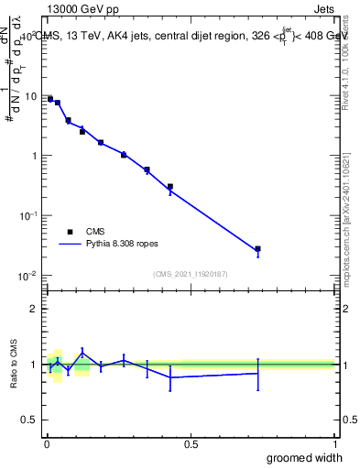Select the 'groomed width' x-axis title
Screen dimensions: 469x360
point(304,457)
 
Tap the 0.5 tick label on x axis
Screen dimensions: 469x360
point(191,444)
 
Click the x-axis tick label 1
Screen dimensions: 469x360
point(334,444)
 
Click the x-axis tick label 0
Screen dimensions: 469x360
point(47,444)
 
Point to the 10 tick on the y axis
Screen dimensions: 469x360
point(29,96)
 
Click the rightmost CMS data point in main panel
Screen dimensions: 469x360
point(258,248)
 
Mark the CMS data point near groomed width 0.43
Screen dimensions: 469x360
point(170,187)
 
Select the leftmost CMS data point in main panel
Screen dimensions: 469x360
point(50,99)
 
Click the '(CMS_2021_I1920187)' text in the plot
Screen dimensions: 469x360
point(190,273)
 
